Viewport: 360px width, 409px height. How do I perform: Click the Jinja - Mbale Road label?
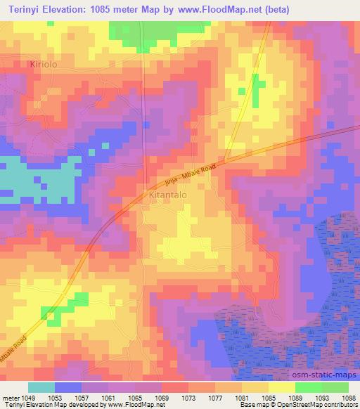(x=191, y=171)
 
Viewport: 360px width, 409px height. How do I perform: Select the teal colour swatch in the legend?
(x=41, y=387)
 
